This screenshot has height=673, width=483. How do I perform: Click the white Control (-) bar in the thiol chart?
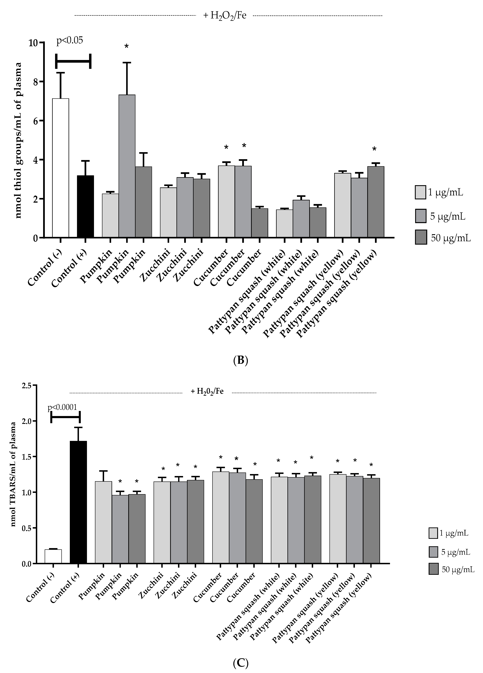pyautogui.click(x=61, y=168)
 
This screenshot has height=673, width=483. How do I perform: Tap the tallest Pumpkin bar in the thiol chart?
pyautogui.click(x=127, y=166)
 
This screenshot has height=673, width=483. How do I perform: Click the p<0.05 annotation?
pyautogui.click(x=70, y=40)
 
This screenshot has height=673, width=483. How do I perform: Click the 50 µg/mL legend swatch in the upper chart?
pyautogui.click(x=421, y=237)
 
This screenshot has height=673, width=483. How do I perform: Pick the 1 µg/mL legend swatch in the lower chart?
pyautogui.click(x=433, y=533)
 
